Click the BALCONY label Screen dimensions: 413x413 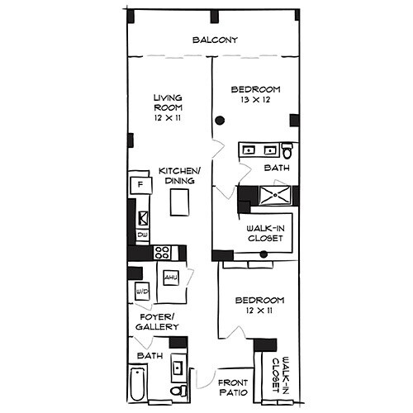(215, 40)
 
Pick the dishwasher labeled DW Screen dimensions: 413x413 (142, 235)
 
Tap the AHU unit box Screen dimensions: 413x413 (171, 278)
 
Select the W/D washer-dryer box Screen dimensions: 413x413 (141, 292)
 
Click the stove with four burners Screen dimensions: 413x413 (162, 253)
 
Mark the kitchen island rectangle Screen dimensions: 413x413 (180, 202)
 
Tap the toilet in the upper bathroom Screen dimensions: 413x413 (287, 151)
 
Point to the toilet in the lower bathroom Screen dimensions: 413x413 (177, 389)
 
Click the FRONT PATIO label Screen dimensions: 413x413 (234, 388)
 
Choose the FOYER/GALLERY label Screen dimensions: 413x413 (156, 322)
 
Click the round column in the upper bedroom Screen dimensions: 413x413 (220, 121)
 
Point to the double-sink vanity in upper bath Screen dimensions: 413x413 (259, 150)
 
